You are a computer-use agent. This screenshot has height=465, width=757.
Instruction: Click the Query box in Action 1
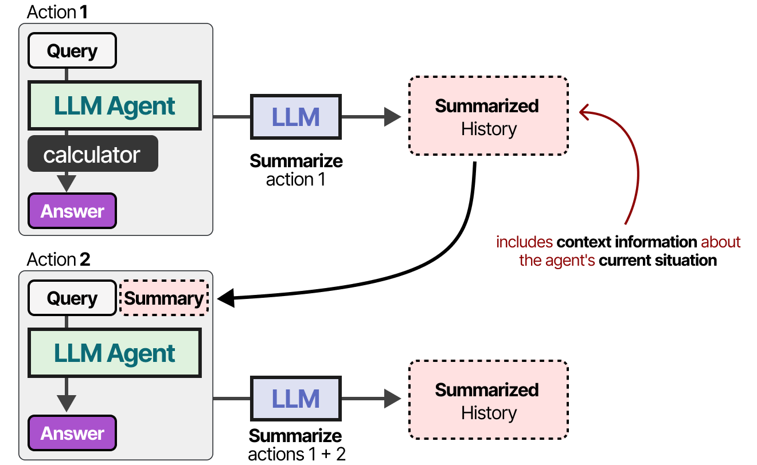click(x=72, y=51)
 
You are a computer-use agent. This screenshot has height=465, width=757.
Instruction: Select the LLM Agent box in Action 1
click(x=114, y=106)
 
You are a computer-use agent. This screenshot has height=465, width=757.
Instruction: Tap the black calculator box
click(x=92, y=154)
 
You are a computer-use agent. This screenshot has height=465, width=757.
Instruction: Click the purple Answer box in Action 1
click(x=72, y=211)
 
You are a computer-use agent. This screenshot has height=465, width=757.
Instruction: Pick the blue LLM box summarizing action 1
click(x=295, y=117)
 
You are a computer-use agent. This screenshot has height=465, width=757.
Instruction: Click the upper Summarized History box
click(x=488, y=116)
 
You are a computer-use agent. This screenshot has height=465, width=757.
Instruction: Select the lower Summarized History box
click(x=488, y=401)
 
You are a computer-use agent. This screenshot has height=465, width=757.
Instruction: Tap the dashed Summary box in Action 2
click(x=164, y=298)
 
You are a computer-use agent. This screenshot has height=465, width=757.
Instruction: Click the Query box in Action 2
click(x=72, y=298)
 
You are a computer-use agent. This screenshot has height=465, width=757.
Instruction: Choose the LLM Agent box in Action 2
click(x=114, y=353)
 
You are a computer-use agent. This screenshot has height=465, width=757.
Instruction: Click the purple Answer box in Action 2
click(x=72, y=433)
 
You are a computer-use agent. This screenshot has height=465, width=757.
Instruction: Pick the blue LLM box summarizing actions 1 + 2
click(x=295, y=399)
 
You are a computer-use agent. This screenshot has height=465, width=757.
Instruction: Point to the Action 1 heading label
click(x=57, y=12)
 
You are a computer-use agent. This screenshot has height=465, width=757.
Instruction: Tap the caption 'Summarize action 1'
click(x=296, y=170)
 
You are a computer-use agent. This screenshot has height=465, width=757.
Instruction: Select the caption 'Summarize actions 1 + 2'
click(x=296, y=445)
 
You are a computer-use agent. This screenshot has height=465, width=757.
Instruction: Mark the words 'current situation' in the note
click(x=658, y=261)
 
